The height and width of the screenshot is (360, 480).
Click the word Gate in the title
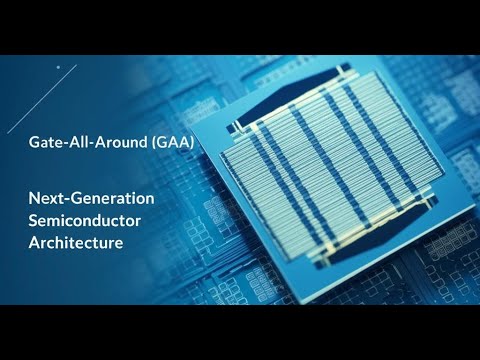click(x=45, y=144)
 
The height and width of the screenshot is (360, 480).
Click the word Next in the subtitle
click(x=46, y=199)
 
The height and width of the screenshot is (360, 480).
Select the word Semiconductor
click(x=84, y=220)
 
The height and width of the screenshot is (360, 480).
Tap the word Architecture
click(x=76, y=242)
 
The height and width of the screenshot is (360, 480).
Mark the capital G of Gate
click(x=34, y=144)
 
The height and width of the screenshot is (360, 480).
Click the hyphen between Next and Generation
click(x=66, y=200)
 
